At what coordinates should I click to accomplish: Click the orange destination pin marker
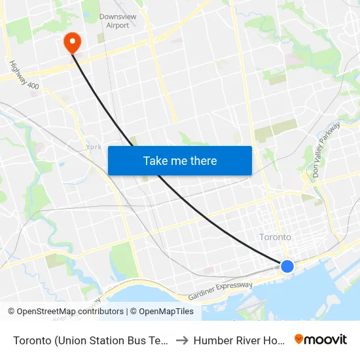(71, 43)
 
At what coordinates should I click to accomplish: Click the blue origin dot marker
(287, 266)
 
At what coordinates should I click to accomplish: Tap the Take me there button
(180, 160)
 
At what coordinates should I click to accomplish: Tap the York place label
(94, 147)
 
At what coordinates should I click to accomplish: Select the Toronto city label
(276, 237)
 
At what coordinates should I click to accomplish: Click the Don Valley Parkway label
(327, 150)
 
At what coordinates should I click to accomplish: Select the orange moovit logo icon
(299, 339)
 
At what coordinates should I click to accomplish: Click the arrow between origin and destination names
(181, 340)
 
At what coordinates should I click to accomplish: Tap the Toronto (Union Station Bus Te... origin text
(90, 340)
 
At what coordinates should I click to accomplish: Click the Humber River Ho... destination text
(240, 340)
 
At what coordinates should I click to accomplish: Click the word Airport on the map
(118, 26)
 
